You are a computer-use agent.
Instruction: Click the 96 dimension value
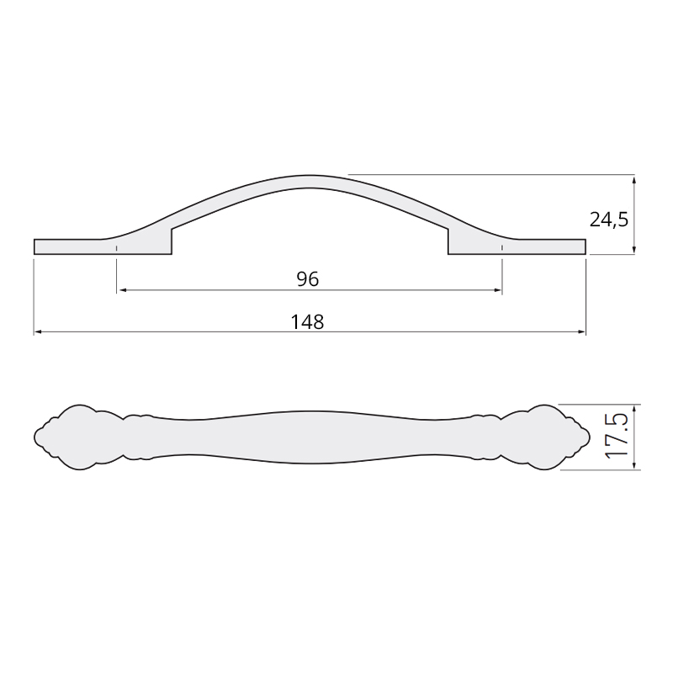pos(308,279)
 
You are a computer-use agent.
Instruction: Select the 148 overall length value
pos(307,322)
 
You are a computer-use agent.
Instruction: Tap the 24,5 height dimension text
pos(608,220)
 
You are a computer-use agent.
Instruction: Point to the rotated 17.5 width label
pos(617,437)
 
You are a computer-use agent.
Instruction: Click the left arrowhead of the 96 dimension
pos(122,290)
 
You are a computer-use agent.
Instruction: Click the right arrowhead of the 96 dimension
pos(498,290)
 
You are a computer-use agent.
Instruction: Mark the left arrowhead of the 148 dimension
pos(38,331)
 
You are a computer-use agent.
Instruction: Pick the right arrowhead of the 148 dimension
pos(581,331)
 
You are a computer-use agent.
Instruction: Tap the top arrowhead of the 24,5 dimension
pos(634,178)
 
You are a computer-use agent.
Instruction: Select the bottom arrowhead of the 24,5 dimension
pos(634,250)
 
